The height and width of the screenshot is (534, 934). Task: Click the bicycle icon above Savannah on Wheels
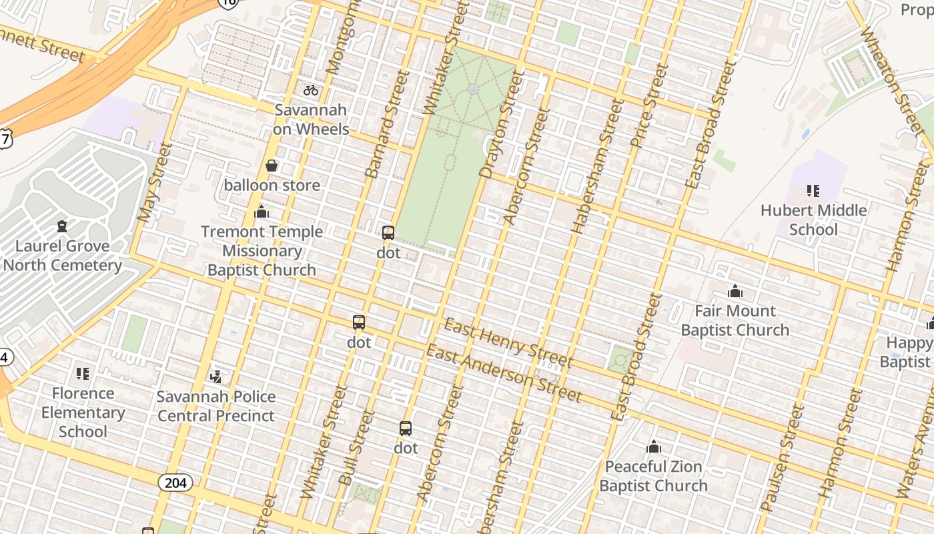[x=311, y=89]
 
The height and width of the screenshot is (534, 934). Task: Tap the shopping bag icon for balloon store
[x=272, y=166]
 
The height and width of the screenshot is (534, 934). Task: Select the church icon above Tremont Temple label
[x=262, y=212]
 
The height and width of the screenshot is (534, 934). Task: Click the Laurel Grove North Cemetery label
[x=62, y=256]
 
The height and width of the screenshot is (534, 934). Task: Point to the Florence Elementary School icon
[x=83, y=374]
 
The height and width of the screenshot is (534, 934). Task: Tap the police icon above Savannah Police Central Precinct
[x=215, y=377]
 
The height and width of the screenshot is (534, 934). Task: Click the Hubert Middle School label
[x=813, y=220]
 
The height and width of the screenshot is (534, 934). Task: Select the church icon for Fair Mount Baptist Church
[x=735, y=291]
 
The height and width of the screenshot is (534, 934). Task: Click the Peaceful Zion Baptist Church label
[x=653, y=476]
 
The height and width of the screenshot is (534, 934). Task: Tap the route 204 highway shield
[x=175, y=482]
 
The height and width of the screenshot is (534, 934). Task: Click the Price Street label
[x=649, y=105]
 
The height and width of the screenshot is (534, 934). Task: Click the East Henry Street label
[x=508, y=344]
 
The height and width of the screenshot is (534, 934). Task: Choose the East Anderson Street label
[x=504, y=374]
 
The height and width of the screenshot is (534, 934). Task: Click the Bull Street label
[x=356, y=448]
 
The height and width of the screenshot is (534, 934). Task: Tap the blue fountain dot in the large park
[x=473, y=89]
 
